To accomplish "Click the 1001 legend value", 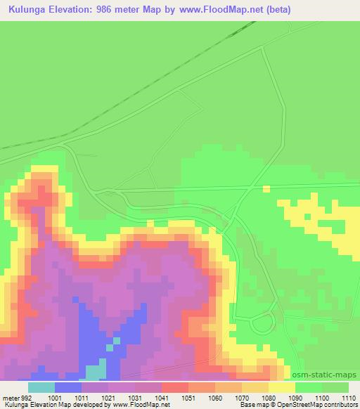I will pos(56,397).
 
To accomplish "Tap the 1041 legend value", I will pos(162,397).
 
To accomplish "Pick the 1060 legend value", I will pos(215,397).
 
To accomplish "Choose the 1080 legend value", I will pos(268,397).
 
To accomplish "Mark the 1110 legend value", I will pos(348,397).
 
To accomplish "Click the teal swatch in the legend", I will pos(41,387).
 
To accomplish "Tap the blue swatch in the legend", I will pos(68,387).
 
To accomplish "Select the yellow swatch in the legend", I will pos(281,387).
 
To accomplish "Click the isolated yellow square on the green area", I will pos(266,188).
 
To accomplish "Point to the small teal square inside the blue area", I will pos(110,346).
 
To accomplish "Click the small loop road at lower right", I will pos(262,323).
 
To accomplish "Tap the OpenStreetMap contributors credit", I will pos(309,405).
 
